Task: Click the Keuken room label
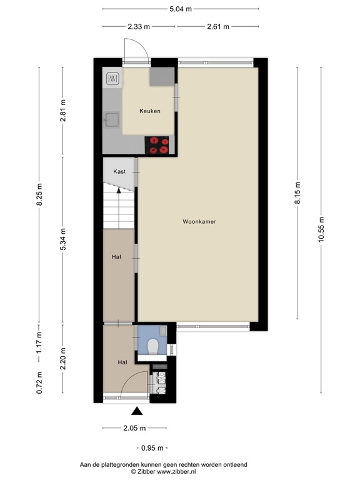coord(150,111)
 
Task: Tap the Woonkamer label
coord(199,222)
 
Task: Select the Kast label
coord(119,171)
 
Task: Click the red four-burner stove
coord(156,145)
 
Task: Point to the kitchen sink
coord(112,120)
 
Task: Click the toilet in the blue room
coord(152,347)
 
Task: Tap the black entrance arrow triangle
coord(137,411)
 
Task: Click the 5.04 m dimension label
coord(181,9)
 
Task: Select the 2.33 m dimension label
coord(139,27)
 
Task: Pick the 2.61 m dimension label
coord(218,27)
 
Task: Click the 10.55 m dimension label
coord(321,229)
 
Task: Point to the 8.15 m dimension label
coord(297,193)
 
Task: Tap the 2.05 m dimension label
coord(134,428)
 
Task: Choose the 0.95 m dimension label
coord(152,448)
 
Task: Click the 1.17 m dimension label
coord(39,342)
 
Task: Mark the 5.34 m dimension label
coord(62,239)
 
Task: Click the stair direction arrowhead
coord(119,191)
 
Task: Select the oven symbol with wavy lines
coord(112,79)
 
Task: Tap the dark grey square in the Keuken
coord(162,76)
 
